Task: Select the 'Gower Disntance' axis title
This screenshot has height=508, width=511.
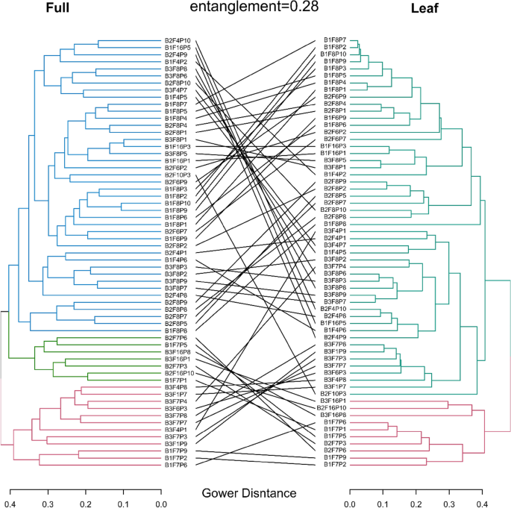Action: (x=249, y=493)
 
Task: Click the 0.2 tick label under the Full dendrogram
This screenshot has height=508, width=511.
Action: (x=86, y=493)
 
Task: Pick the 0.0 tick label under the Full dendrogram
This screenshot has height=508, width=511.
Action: (x=161, y=493)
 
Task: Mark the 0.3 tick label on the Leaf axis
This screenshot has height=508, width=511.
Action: (x=448, y=493)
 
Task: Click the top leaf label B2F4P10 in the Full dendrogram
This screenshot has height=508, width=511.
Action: (x=178, y=40)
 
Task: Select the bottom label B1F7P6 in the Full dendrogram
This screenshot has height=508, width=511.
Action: (x=176, y=465)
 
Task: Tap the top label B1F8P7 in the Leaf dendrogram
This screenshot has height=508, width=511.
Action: (x=334, y=40)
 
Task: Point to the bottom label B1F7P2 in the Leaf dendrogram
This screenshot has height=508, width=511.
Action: (x=334, y=465)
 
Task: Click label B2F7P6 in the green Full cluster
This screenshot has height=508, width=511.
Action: (x=176, y=338)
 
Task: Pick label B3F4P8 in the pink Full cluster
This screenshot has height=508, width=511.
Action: (x=176, y=388)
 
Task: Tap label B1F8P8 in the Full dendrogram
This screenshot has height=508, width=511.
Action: (x=176, y=330)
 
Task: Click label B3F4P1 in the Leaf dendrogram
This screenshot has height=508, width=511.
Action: (x=334, y=231)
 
